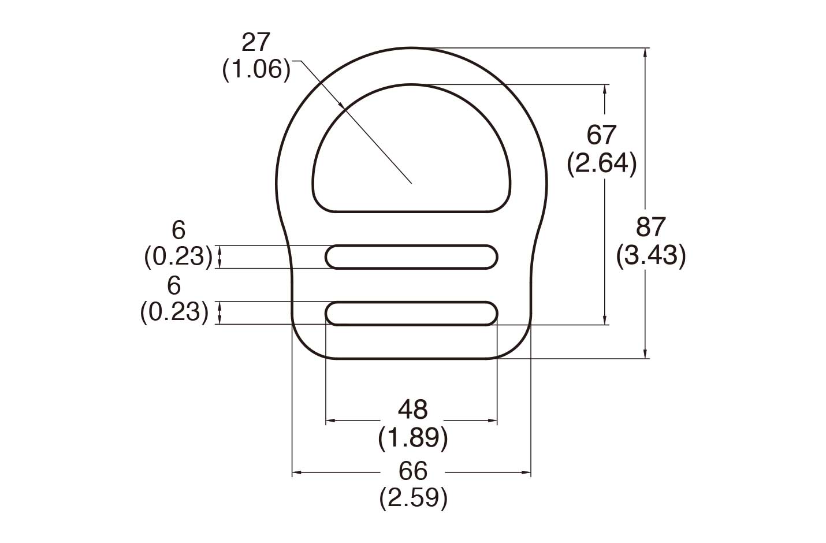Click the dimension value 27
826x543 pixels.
pos(256,43)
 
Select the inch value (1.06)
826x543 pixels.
pos(256,70)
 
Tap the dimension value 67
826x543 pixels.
pos(602,135)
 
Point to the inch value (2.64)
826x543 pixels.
pos(602,163)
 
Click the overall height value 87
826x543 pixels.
pos(651,227)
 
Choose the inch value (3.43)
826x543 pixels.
pos(651,255)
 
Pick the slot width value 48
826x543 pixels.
pos(412,410)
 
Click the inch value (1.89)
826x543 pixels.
pos(412,438)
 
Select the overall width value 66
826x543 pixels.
pos(412,471)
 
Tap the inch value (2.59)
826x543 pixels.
pos(412,498)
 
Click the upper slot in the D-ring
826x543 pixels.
pos(411,257)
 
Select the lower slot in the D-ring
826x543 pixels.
pos(411,313)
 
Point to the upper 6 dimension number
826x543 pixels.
pos(178,230)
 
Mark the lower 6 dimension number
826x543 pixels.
pos(174,285)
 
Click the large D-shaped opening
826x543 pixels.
pos(411,156)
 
